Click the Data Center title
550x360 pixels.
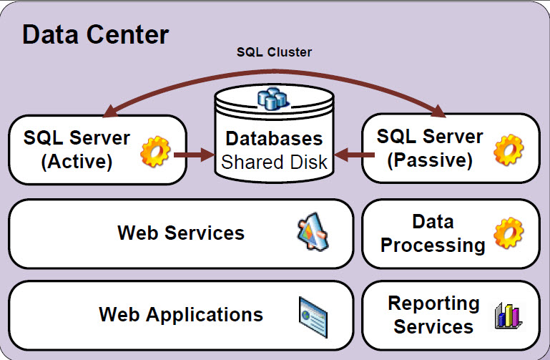pos(96,34)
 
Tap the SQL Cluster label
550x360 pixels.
pos(275,52)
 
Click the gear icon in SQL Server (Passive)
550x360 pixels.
pos(509,150)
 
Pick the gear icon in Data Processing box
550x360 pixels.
pos(509,234)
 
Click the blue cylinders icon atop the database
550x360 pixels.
pos(272,100)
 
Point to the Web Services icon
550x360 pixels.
pos(313,234)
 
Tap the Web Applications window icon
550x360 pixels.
pos(313,315)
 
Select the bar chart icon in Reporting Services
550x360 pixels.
pos(508,315)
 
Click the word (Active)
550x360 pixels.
pos(77,162)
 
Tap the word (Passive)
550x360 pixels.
pos(430,160)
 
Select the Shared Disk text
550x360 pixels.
pos(275,162)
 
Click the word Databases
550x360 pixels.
pos(275,138)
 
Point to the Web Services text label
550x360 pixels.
pos(181,233)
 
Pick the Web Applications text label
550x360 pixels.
pos(181,314)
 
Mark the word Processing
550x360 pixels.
pos(433,245)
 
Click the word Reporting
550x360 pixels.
pos(433,303)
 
